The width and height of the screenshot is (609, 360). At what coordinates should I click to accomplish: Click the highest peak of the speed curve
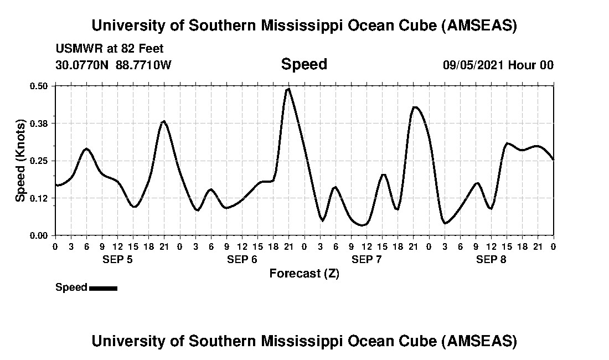tap(288, 89)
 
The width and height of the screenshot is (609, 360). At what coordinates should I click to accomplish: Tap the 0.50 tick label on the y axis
tap(39, 86)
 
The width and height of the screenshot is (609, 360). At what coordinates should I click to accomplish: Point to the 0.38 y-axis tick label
tap(39, 123)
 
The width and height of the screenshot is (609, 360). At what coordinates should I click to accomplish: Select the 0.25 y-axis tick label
tap(39, 161)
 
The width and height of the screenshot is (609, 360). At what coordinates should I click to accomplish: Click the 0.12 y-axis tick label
tap(39, 198)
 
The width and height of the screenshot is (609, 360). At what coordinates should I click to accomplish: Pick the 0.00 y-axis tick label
tap(39, 235)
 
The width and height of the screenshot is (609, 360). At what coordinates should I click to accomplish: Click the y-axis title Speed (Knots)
tap(20, 161)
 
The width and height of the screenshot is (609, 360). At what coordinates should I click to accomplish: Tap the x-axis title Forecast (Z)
tap(304, 273)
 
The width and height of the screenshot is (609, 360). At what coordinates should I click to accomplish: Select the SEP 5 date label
tap(117, 259)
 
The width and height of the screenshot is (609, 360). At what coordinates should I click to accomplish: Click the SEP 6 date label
tap(242, 259)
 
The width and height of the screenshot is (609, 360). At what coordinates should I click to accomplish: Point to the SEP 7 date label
tap(367, 259)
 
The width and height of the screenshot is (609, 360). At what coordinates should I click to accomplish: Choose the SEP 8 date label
tap(491, 259)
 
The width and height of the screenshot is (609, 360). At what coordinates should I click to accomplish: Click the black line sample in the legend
tap(103, 288)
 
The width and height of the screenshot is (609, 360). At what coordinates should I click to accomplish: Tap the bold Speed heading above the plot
tap(304, 64)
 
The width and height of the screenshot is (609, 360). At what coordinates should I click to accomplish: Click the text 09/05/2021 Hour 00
tap(498, 65)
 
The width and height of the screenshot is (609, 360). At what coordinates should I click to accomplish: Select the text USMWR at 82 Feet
tap(109, 49)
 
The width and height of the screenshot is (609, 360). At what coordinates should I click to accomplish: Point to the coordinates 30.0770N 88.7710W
tap(113, 65)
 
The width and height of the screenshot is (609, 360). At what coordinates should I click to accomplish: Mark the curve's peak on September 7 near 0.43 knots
tap(415, 107)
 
